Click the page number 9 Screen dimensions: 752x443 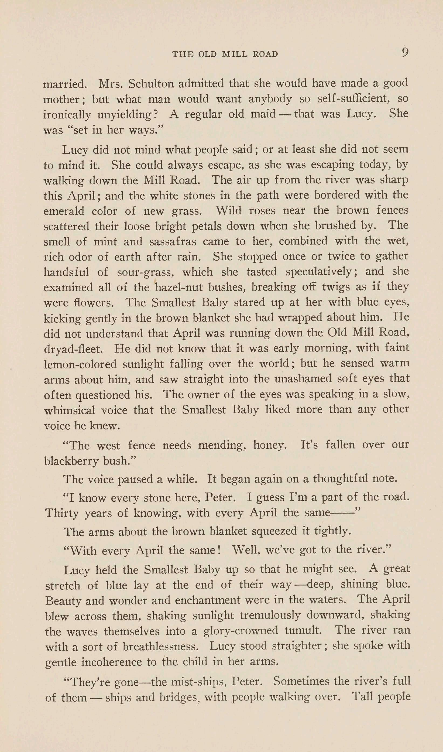click(x=405, y=53)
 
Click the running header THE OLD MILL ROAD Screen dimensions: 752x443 click(x=225, y=54)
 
